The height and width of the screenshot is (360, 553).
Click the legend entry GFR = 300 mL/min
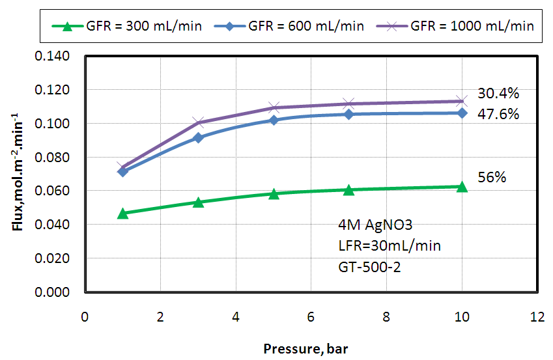point(128,27)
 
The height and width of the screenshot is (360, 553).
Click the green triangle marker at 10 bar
point(462,187)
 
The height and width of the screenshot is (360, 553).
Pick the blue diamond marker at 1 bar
point(122,171)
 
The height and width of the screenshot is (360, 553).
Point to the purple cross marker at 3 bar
point(199,122)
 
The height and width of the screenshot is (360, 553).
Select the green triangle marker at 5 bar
point(274,194)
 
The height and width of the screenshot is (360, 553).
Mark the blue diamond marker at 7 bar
point(348,114)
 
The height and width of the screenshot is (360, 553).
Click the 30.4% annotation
point(498,94)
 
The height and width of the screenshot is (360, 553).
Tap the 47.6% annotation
point(498,115)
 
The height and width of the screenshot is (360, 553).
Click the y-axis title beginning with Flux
point(18,174)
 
